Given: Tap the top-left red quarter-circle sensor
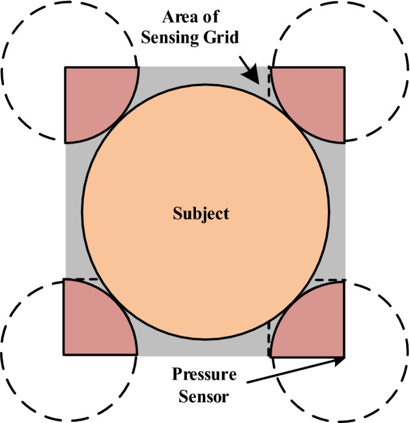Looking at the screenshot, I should (94, 97).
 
